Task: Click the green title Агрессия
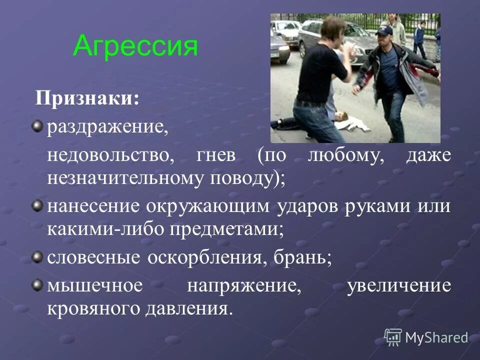pos(135,46)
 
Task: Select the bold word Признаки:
pos(87,98)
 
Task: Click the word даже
pos(428,155)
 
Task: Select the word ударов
pos(305,206)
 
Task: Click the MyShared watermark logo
pos(426,337)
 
